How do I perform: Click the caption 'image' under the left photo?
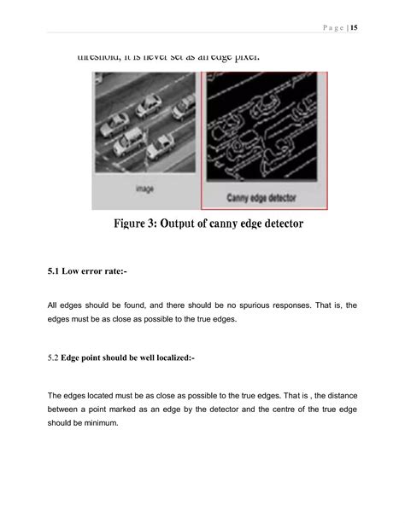144,189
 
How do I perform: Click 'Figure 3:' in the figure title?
141,225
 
